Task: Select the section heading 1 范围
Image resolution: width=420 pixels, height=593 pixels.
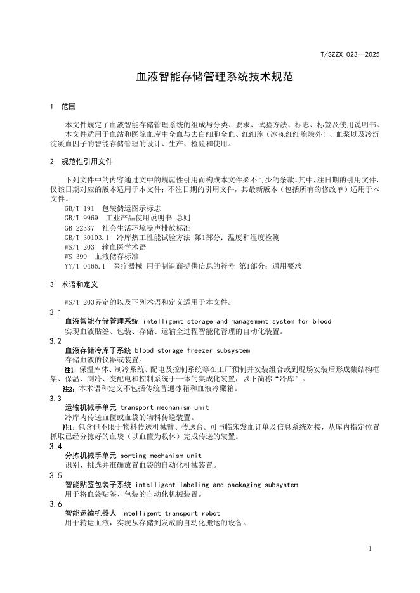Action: point(62,106)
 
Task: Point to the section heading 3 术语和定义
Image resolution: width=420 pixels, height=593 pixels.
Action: point(74,285)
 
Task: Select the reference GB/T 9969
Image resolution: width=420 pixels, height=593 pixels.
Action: point(81,217)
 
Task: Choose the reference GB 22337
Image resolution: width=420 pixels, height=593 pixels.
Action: point(79,227)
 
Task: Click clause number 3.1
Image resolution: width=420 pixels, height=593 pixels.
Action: point(56,312)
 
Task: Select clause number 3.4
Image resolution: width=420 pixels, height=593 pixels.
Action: point(56,447)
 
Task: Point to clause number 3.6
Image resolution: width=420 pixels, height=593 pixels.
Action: point(56,504)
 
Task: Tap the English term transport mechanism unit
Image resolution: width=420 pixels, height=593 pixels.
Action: point(164,407)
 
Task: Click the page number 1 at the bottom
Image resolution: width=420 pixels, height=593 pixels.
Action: point(369,547)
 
